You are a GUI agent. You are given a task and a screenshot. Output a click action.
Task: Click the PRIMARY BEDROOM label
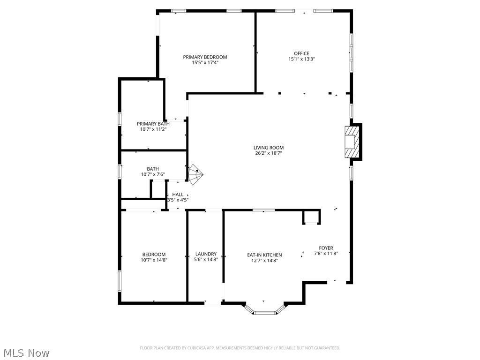[x=205, y=57]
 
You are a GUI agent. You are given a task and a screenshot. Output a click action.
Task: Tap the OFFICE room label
[x=301, y=53]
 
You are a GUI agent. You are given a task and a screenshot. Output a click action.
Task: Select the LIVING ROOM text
[x=269, y=148]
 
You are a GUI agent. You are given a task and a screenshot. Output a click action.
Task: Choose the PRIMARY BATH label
[x=153, y=124]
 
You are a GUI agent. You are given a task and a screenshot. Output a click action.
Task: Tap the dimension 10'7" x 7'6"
[x=153, y=175]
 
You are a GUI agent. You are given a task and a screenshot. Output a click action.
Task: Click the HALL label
[x=178, y=195]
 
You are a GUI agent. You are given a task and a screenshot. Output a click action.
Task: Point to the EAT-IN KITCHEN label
[x=265, y=255]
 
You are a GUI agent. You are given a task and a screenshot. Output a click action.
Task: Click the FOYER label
[x=326, y=248]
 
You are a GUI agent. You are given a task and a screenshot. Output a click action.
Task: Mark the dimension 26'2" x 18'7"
[x=269, y=153]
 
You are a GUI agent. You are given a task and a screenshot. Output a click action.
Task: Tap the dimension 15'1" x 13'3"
[x=301, y=59]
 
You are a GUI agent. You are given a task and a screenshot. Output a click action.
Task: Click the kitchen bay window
[x=266, y=311]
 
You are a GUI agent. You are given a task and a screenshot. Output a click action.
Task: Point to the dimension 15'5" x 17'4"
[x=205, y=62]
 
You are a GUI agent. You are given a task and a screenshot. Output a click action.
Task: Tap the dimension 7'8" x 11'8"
[x=326, y=254]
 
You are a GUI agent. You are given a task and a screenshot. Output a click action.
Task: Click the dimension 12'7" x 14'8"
[x=265, y=261]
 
